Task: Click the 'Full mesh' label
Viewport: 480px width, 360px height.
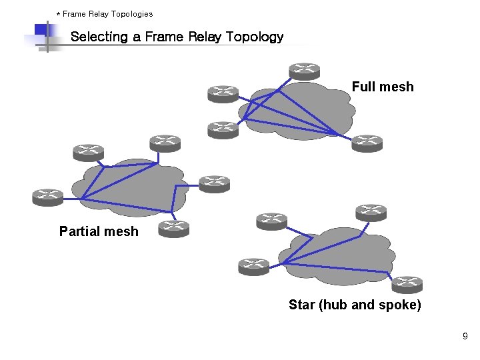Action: click(383, 87)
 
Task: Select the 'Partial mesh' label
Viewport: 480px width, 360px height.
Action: click(99, 231)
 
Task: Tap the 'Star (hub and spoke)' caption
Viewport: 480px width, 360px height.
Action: click(355, 305)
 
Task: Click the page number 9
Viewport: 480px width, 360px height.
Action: click(465, 337)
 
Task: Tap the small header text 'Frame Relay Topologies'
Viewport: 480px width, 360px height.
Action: click(107, 13)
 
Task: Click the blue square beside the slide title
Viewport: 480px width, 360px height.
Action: click(41, 30)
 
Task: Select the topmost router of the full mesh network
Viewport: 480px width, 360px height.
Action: click(304, 71)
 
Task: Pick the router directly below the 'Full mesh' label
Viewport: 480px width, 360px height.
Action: click(367, 143)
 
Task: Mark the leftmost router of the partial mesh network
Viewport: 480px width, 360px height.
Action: click(47, 197)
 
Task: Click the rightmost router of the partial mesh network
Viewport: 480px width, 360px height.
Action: click(213, 183)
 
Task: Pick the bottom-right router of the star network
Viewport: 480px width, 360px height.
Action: click(407, 285)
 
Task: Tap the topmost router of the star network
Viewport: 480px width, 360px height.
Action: click(371, 212)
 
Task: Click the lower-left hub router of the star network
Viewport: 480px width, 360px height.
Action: click(254, 267)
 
